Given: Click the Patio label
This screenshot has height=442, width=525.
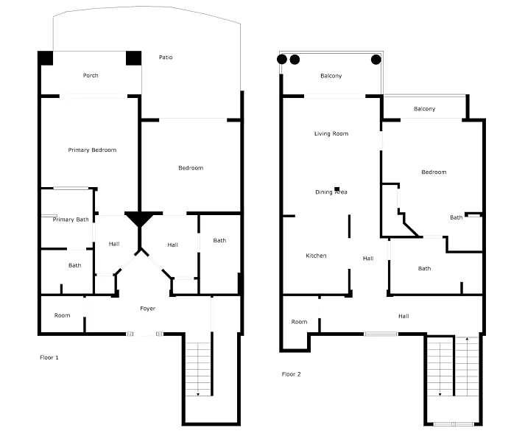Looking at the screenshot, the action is [166, 57].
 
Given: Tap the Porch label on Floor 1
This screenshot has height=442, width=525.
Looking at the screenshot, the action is [91, 75].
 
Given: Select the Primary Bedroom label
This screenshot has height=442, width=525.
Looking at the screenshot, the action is [93, 150].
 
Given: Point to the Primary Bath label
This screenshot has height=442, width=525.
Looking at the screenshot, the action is [71, 220].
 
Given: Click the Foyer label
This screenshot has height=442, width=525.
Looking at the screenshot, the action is [148, 309].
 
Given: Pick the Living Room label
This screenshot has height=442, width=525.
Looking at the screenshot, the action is [331, 134].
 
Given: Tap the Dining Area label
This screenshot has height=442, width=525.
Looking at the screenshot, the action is [331, 192].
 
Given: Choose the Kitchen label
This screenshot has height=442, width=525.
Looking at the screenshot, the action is [316, 256].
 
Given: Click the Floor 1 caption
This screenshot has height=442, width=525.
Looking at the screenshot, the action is [49, 357].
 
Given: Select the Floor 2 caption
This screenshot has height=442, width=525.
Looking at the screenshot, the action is [292, 374].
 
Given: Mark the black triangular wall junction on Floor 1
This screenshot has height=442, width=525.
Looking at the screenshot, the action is [139, 220].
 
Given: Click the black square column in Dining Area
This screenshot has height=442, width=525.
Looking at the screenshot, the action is [337, 189].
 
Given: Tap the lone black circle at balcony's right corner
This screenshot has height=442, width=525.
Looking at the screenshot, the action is [376, 60].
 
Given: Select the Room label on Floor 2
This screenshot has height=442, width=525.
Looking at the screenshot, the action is [299, 322].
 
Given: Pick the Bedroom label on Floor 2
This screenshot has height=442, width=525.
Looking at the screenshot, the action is [434, 172].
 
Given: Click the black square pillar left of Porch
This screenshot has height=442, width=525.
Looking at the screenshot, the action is [45, 58].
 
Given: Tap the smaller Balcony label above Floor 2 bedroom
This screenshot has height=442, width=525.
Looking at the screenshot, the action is [425, 109].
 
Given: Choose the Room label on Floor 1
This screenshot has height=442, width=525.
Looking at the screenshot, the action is [63, 315].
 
